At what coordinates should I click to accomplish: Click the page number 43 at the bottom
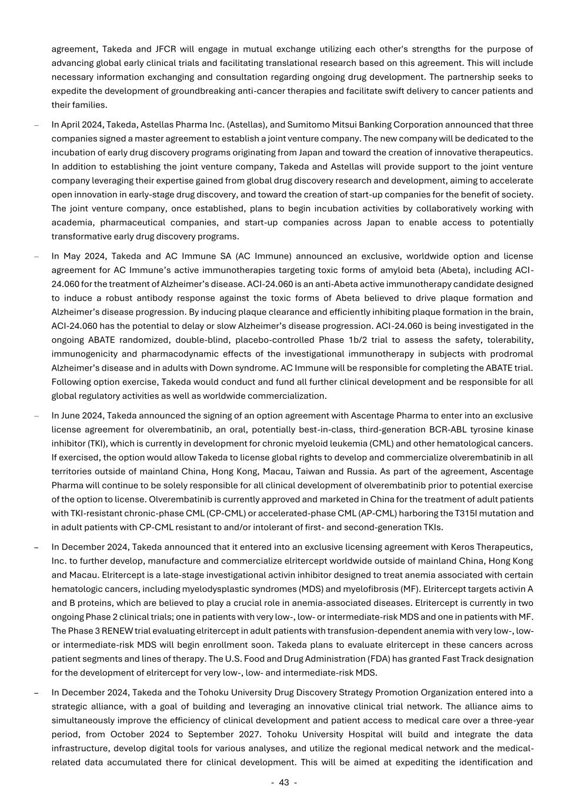[x=284, y=782]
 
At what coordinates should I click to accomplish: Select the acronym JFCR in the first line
[x=165, y=49]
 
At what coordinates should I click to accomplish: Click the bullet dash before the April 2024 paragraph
[x=36, y=125]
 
